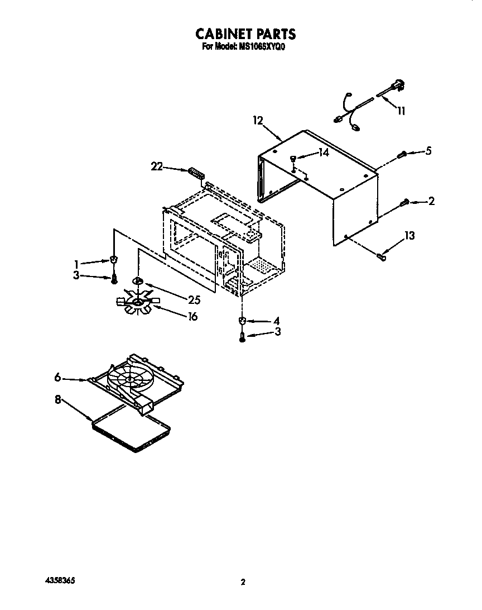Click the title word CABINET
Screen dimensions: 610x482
220,34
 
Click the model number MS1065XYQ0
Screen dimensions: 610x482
262,47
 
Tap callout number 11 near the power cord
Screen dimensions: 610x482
401,111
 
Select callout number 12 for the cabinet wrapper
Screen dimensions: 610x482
257,120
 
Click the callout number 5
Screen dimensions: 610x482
428,151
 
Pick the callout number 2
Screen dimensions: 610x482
431,202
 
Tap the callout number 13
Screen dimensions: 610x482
409,236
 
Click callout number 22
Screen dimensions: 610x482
158,165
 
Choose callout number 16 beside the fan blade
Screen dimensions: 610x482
192,317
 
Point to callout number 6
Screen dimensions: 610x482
57,378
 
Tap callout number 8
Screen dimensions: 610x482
57,400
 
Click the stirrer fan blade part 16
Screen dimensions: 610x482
136,302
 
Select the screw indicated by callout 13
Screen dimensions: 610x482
382,256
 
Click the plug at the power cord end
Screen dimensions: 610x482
400,86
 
